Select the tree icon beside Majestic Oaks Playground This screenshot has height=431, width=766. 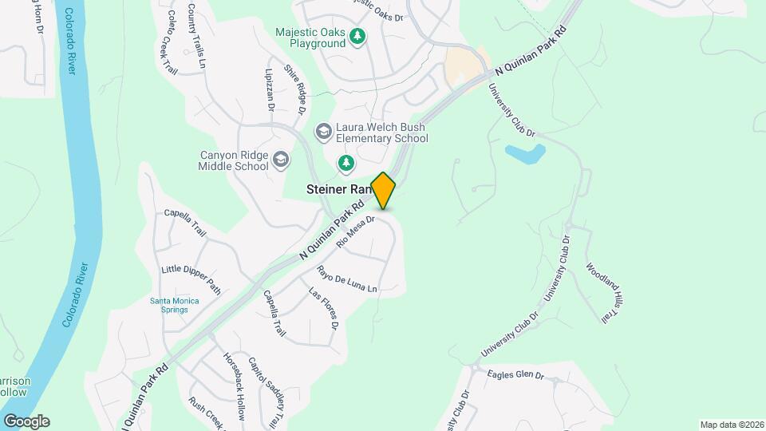pos(358,36)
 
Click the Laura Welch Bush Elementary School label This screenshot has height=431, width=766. pos(381,132)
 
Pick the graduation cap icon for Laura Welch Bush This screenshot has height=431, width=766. pos(323,130)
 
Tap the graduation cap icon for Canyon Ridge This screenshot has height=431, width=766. pos(280,160)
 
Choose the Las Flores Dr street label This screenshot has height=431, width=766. pos(325,310)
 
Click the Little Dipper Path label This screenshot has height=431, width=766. pos(191,276)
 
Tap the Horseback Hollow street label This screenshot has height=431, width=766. pos(234,386)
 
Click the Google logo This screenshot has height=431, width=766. pos(26,421)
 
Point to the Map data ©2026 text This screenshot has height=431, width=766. pos(731,425)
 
